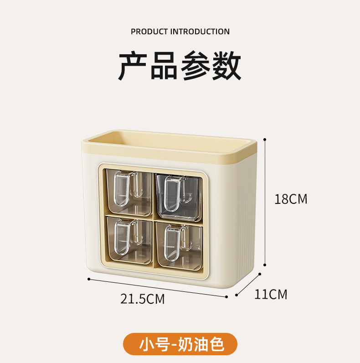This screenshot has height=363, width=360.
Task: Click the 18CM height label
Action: (x=291, y=199)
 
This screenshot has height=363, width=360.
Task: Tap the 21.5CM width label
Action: (x=142, y=299)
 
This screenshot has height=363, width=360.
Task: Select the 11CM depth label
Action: (x=271, y=294)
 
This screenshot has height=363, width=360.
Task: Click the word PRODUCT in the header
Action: (x=149, y=31)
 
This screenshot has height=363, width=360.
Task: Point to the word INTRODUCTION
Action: (x=200, y=31)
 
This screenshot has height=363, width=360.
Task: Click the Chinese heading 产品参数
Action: (x=180, y=67)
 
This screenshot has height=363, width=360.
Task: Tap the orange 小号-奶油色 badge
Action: (x=180, y=344)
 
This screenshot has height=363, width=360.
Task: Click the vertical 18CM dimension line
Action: (x=265, y=201)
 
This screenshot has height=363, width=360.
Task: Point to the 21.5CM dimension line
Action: (x=157, y=288)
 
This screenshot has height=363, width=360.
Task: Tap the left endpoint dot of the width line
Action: (x=88, y=279)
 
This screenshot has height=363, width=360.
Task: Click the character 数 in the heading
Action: (x=226, y=67)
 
